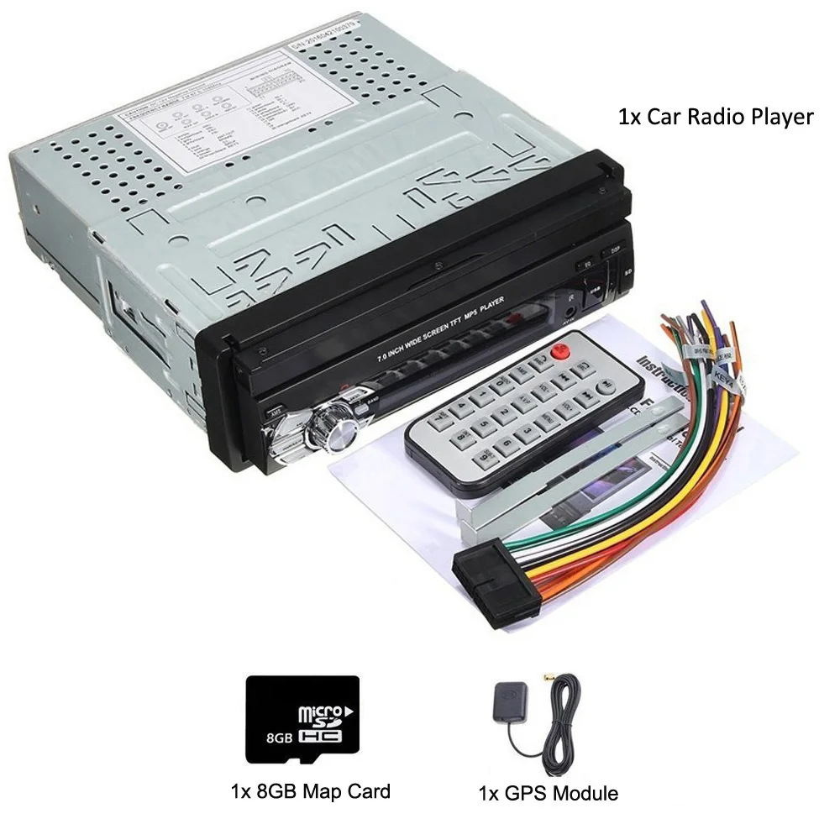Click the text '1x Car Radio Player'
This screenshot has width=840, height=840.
tap(715, 117)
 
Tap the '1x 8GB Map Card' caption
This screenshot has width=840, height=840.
tap(310, 790)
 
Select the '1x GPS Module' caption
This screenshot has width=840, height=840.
tap(548, 792)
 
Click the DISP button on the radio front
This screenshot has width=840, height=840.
tap(614, 250)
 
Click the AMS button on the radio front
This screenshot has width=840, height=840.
tap(275, 412)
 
